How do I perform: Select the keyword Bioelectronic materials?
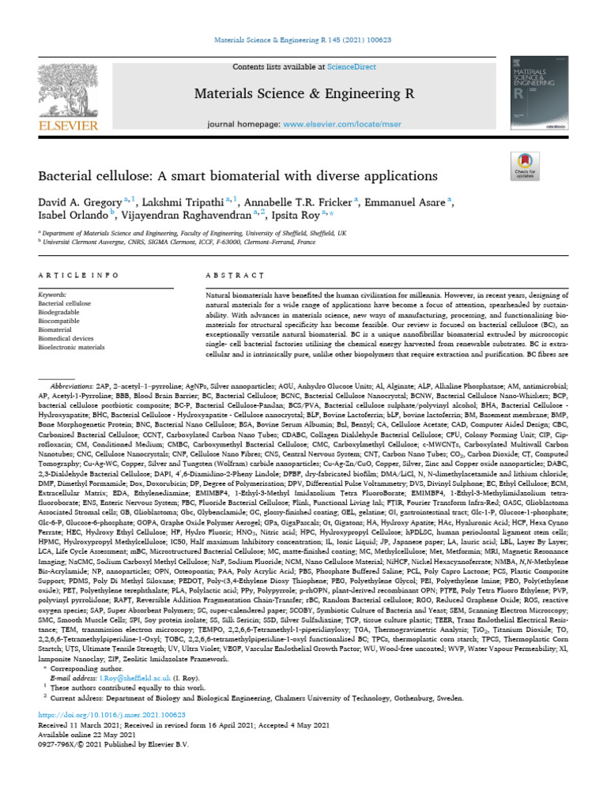(x=71, y=346)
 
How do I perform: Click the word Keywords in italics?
(x=54, y=293)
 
